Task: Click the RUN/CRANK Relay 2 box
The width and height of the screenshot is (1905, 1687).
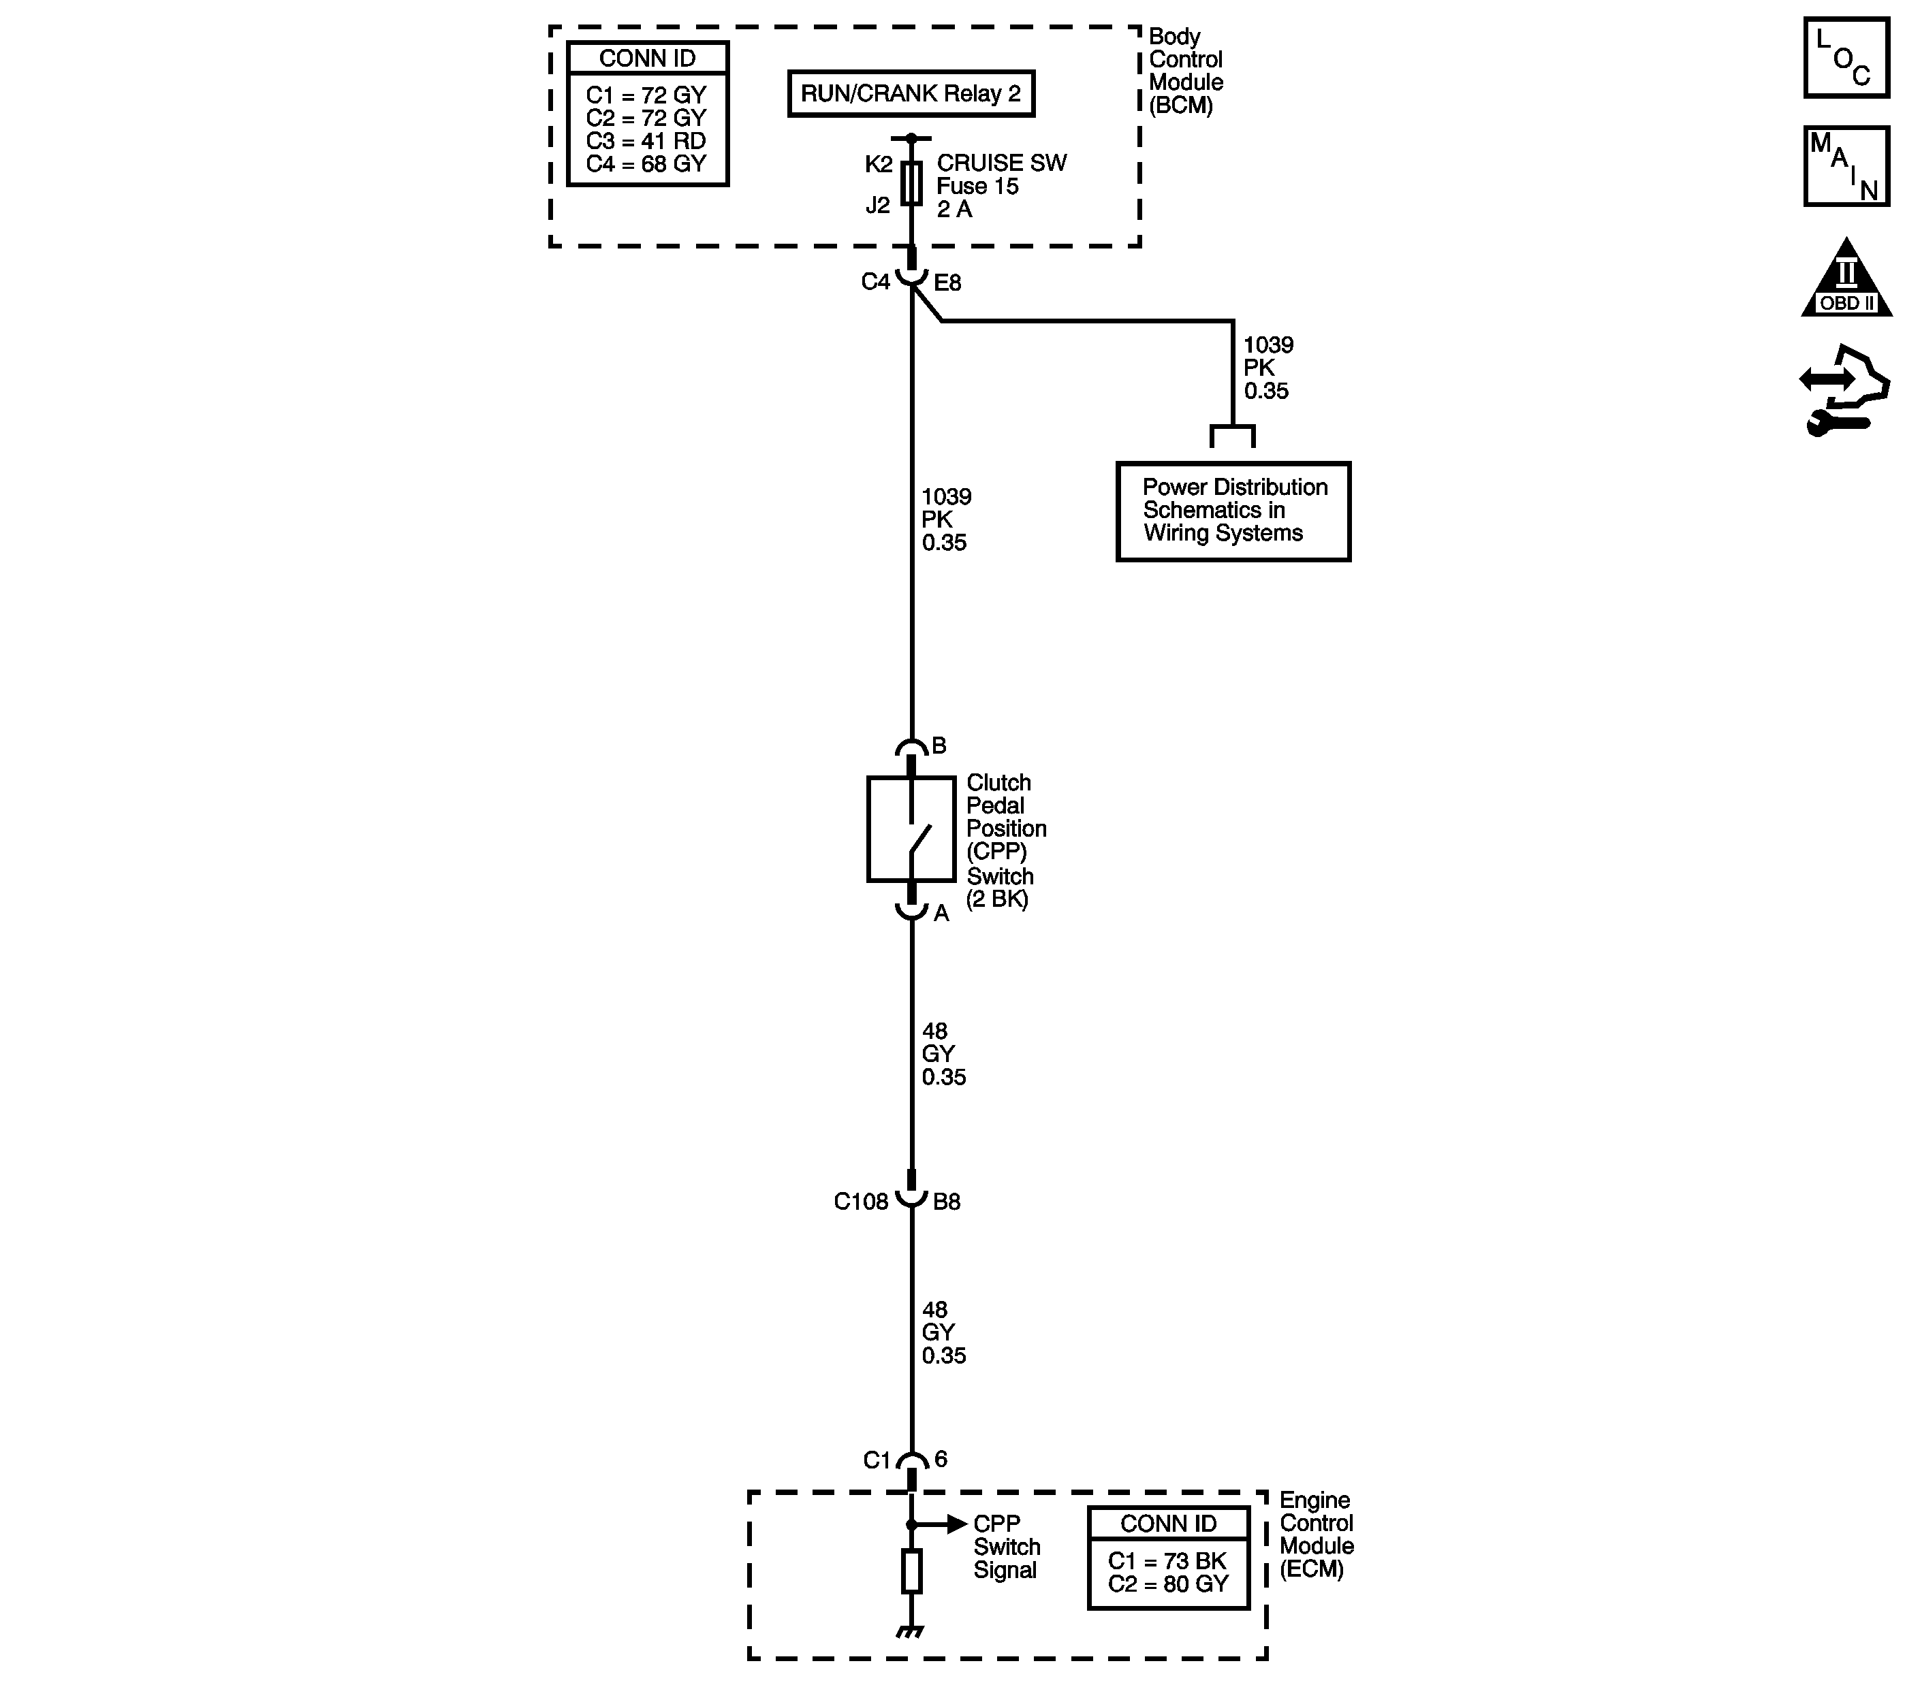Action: coord(911,93)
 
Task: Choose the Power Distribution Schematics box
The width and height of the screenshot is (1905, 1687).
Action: coord(1233,511)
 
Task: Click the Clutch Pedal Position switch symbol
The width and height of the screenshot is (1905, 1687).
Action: coord(911,828)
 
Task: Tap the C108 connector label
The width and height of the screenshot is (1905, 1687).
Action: coord(860,1202)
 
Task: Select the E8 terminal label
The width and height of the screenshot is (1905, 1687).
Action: coord(948,283)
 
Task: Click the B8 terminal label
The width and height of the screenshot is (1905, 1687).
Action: coord(947,1202)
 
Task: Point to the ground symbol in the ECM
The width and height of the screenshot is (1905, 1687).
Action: coord(911,1631)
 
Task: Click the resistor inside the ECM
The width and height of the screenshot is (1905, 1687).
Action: coord(911,1571)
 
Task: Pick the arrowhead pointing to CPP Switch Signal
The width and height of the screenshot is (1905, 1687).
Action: coord(956,1524)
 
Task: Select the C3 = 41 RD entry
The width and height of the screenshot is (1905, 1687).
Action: coord(646,141)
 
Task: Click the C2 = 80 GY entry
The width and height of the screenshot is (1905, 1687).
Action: coord(1168,1584)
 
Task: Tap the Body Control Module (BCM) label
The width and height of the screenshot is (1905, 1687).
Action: coord(1184,71)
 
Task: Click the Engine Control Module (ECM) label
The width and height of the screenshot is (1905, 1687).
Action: coord(1316,1535)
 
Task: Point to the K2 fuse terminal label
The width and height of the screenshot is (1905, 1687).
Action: coord(878,165)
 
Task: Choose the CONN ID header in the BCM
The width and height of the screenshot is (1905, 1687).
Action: coord(647,59)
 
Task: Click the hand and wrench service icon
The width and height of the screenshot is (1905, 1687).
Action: coord(1844,391)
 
